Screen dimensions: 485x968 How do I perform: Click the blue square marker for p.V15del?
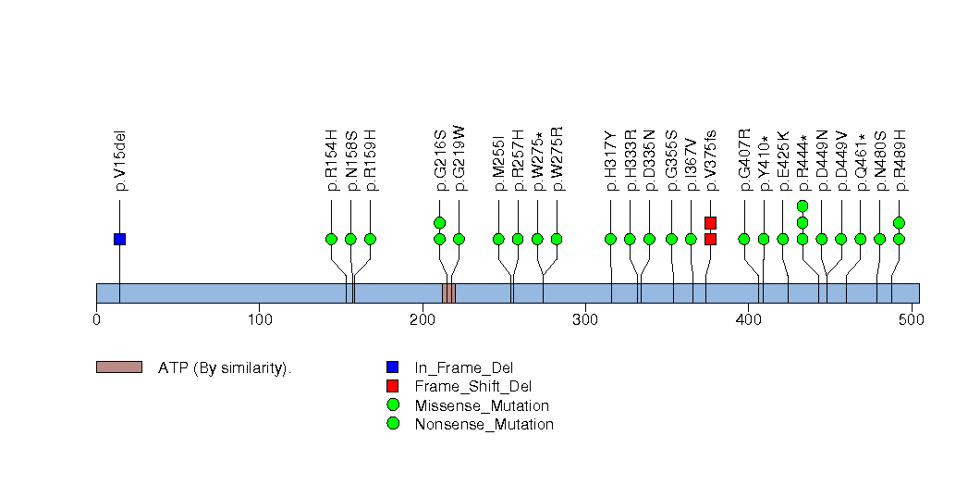pos(119,239)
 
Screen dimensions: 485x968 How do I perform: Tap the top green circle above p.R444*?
pos(803,205)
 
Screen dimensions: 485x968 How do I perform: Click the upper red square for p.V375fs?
pos(710,222)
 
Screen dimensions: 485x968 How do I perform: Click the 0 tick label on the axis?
pos(96,320)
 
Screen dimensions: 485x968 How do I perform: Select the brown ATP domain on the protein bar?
pos(448,293)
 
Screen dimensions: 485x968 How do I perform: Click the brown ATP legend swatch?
pos(118,367)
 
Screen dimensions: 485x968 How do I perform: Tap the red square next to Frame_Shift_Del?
pos(393,386)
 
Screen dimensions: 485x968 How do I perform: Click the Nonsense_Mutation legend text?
pos(484,424)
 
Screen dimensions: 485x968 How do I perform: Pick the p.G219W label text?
pos(459,159)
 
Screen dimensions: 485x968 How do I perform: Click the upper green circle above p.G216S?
pos(439,222)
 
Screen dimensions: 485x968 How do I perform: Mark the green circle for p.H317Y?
pos(610,239)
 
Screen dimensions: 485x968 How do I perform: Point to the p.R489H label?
pos(900,160)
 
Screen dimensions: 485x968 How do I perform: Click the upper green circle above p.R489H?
pos(899,222)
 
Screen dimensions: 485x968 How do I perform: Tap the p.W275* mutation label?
pos(538,160)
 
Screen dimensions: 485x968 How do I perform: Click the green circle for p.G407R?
pos(744,239)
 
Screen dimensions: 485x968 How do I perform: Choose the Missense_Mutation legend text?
pos(482,405)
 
